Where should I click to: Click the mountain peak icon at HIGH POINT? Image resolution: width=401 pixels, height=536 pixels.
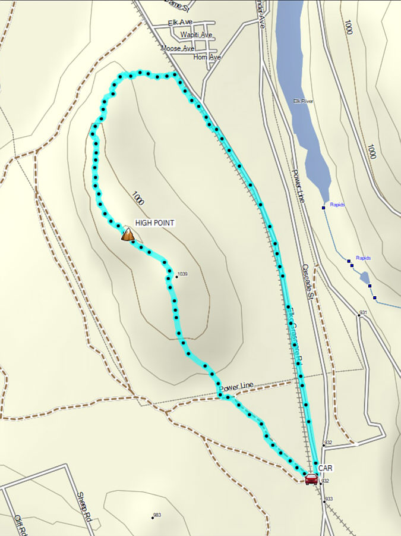(127, 234)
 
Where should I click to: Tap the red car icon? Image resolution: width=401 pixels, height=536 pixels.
(311, 479)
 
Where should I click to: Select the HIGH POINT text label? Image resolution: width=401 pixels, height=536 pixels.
(154, 222)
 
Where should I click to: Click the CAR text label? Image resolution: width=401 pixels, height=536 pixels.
(325, 468)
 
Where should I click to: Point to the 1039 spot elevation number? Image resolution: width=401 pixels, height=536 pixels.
(182, 274)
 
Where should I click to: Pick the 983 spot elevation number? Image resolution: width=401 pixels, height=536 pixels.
(157, 515)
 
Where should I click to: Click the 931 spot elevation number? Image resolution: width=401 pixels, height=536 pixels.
(364, 312)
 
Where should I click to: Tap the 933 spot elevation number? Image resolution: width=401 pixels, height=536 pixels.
(330, 499)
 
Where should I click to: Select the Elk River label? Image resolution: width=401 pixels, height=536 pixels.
(303, 101)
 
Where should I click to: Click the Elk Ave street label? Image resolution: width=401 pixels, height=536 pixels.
(180, 23)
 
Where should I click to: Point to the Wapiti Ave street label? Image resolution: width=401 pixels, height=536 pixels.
(197, 35)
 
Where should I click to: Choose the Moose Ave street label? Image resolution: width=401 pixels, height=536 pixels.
(178, 48)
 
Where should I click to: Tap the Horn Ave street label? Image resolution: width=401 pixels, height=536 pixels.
(207, 57)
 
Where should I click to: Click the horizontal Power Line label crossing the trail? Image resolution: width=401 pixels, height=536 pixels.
(236, 387)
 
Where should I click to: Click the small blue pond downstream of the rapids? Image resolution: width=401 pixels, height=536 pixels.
(364, 277)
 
